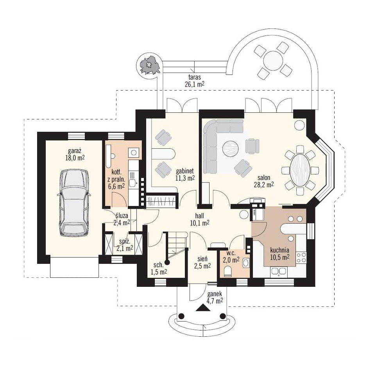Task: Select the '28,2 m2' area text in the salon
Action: pyautogui.click(x=263, y=185)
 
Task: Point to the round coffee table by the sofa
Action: pyautogui.click(x=231, y=149)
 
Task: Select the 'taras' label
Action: pyautogui.click(x=194, y=77)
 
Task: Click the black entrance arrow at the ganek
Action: pyautogui.click(x=202, y=307)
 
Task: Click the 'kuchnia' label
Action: pyautogui.click(x=279, y=250)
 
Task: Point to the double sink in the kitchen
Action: pyautogui.click(x=278, y=271)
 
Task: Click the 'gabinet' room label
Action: pyautogui.click(x=185, y=171)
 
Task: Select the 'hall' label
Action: pyautogui.click(x=200, y=215)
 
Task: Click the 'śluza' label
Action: pyautogui.click(x=122, y=215)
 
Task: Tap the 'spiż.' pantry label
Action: pyautogui.click(x=124, y=241)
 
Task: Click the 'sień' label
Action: pyautogui.click(x=202, y=259)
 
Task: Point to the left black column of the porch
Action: pyautogui.click(x=181, y=316)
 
